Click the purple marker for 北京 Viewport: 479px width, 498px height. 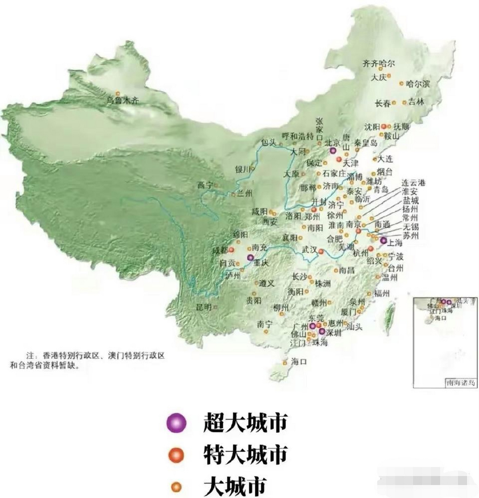[332, 151]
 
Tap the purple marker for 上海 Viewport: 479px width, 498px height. [383, 240]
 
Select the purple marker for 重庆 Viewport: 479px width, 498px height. [250, 257]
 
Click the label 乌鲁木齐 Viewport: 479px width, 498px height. [123, 100]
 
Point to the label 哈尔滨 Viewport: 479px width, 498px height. [418, 84]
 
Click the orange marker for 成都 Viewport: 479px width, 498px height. [231, 250]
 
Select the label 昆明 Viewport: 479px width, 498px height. [204, 307]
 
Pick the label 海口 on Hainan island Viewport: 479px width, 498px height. [299, 362]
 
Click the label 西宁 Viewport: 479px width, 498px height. [205, 185]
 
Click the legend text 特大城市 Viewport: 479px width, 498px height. [246, 453]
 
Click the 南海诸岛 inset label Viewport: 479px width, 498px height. [461, 383]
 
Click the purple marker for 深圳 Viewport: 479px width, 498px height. [322, 331]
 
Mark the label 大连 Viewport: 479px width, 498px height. [385, 159]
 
